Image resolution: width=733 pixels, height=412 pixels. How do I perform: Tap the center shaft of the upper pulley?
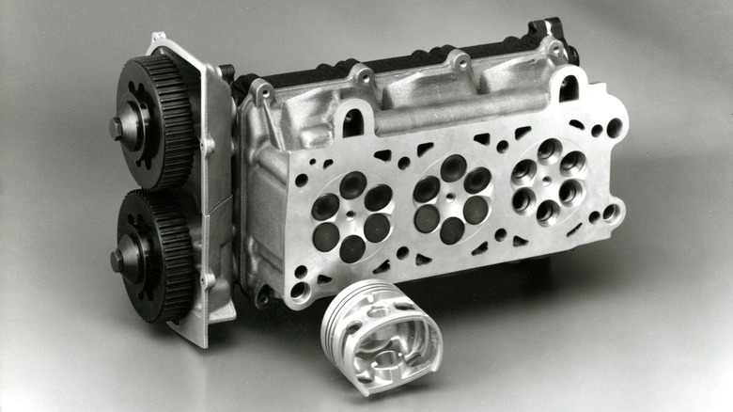pyautogui.click(x=119, y=126)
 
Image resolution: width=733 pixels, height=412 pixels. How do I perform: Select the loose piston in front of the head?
pyautogui.click(x=381, y=334)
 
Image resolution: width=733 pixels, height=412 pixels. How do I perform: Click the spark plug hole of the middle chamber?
pyautogui.click(x=452, y=198)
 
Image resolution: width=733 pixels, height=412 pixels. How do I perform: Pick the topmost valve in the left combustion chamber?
pyautogui.click(x=353, y=184)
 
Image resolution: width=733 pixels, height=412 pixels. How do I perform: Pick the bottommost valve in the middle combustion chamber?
pyautogui.click(x=453, y=230)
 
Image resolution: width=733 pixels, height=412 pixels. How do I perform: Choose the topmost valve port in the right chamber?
pyautogui.click(x=549, y=150)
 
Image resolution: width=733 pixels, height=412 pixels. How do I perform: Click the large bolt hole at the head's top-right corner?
pyautogui.click(x=614, y=128)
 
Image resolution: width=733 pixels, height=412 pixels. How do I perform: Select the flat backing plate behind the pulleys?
pyautogui.click(x=212, y=188)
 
